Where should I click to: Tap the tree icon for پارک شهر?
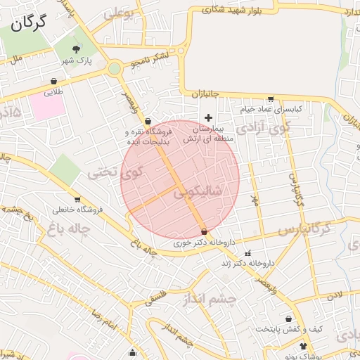[x=77, y=49]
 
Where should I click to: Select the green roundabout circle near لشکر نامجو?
[x=114, y=69]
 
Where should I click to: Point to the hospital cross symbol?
[x=207, y=116]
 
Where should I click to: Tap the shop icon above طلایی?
[x=54, y=81]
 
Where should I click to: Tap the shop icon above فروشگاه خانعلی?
[x=77, y=199]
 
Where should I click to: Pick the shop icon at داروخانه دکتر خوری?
[x=204, y=231]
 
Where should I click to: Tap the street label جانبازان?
[x=205, y=94]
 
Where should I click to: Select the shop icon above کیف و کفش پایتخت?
[x=288, y=319]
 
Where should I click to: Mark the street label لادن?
[x=344, y=293]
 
